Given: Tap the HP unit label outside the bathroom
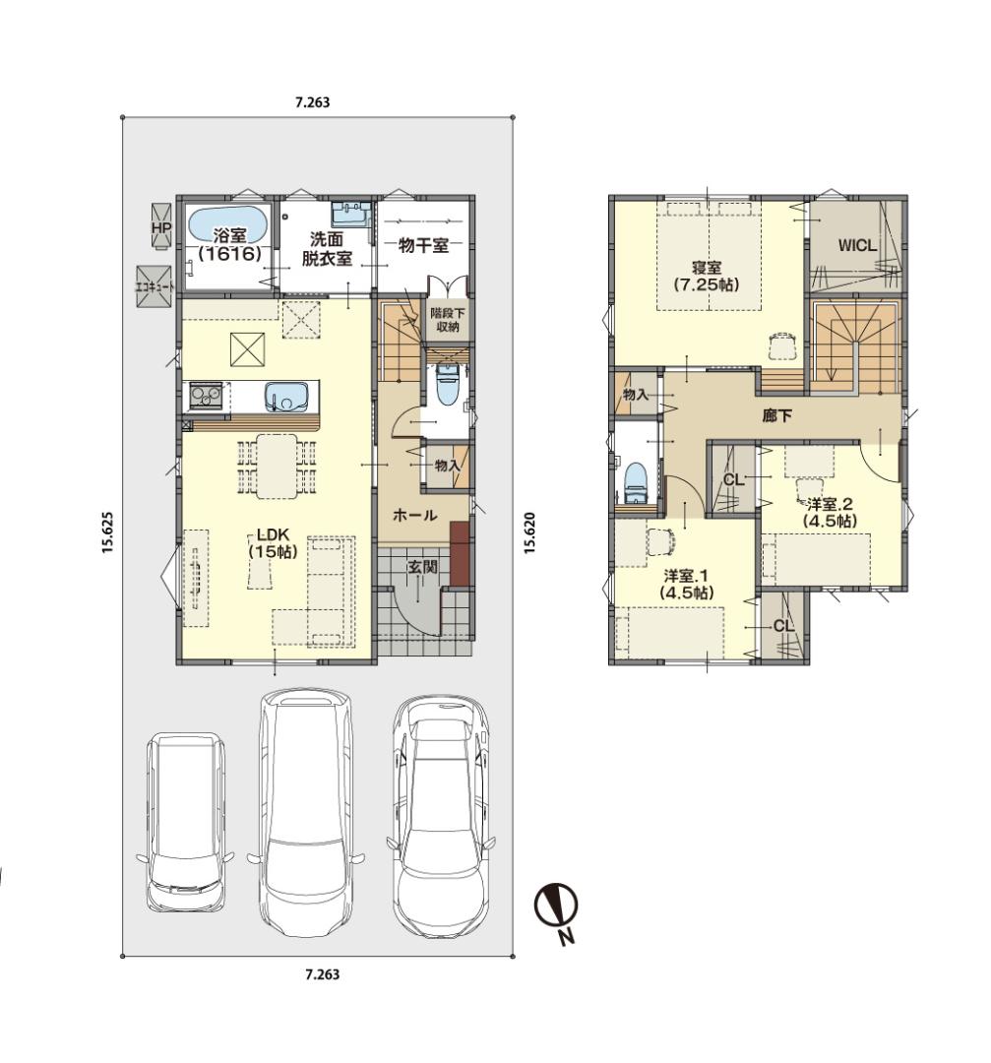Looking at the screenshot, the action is (x=161, y=227).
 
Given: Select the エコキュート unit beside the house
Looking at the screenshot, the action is (x=154, y=286).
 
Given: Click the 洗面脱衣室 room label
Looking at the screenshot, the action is (x=327, y=248).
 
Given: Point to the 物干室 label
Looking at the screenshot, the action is (x=423, y=245).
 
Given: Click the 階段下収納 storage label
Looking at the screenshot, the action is (x=446, y=320).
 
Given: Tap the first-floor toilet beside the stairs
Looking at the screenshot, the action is (x=446, y=386).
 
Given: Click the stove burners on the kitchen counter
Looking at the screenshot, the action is (x=206, y=396).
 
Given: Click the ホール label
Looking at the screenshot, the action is (x=415, y=515).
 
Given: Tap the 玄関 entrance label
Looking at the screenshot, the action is (x=421, y=567).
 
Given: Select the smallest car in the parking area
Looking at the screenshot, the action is (x=185, y=822).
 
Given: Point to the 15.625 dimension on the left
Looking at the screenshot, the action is (x=108, y=531).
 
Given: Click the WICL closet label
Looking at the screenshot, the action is (x=857, y=245).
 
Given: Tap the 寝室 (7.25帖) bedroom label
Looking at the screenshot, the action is (x=707, y=277).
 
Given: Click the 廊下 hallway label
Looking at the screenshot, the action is (x=776, y=415).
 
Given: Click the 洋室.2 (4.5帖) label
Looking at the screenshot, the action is (x=830, y=513).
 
